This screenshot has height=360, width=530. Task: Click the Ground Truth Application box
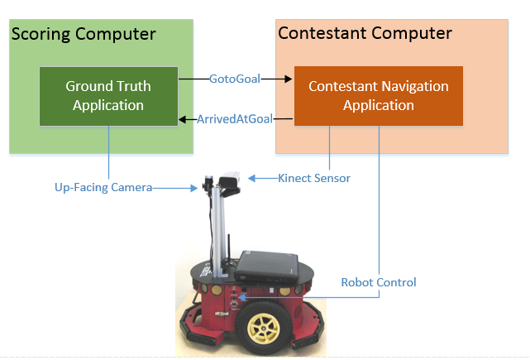(107, 95)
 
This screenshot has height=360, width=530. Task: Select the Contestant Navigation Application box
(378, 96)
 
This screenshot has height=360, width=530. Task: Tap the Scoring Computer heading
(83, 34)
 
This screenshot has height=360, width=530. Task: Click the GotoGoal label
(234, 79)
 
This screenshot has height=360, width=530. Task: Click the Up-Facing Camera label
(98, 188)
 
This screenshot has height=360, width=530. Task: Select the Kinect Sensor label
(313, 177)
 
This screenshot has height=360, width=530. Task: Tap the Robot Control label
(379, 282)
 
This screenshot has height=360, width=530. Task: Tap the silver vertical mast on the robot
(216, 223)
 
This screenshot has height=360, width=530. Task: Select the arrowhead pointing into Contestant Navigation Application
(289, 79)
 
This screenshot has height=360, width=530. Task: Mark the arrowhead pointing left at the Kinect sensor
(252, 177)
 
